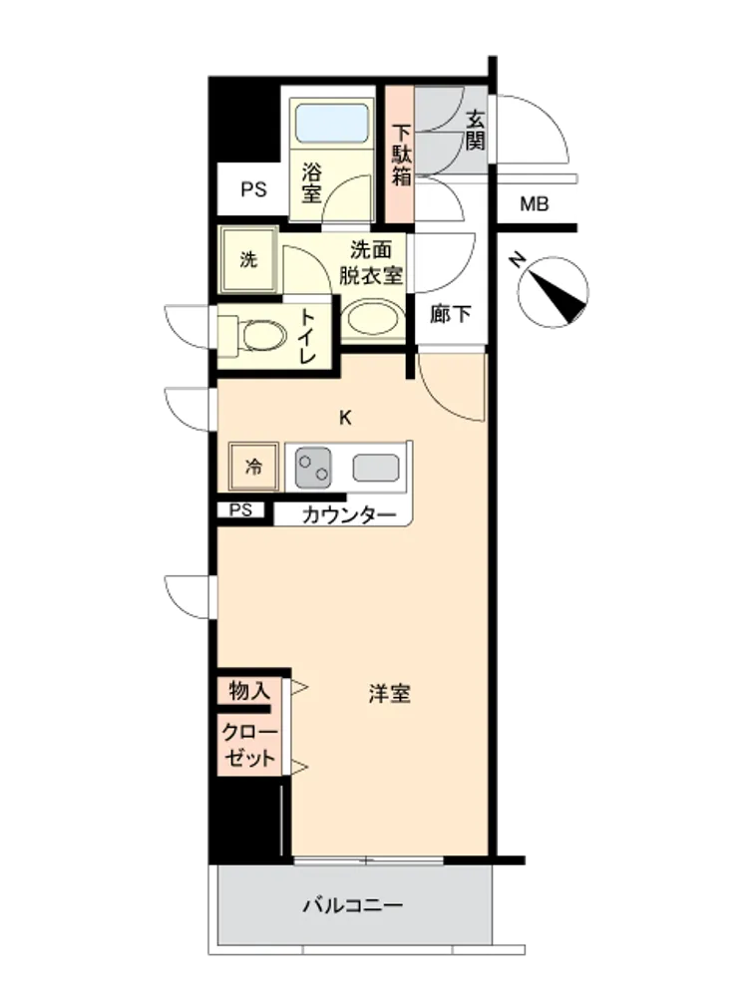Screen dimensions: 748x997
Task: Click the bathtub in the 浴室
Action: coord(331,124)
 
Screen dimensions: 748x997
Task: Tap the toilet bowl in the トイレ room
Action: coord(264,335)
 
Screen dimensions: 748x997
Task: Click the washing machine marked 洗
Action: coord(248,259)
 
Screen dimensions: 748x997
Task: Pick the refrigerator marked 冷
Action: coord(253,467)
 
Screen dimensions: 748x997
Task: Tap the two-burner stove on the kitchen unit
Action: coord(313,468)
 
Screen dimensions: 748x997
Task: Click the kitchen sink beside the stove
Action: coord(377,468)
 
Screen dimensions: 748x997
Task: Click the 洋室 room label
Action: coord(389,693)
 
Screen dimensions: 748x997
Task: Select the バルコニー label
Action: coord(353,905)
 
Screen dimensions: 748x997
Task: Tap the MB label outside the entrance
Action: coord(535,204)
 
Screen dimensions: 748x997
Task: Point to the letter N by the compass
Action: coord(519,259)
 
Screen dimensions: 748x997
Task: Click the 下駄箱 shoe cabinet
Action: coord(401,155)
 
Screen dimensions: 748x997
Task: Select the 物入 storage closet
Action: coord(249,690)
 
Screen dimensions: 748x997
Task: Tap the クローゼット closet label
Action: coord(250,745)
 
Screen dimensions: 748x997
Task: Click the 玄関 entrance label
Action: coord(475,131)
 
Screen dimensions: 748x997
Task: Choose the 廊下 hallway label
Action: coord(451,313)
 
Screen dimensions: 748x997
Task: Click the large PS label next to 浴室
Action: coord(253,189)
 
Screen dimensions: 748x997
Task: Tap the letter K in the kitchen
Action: coord(345,418)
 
